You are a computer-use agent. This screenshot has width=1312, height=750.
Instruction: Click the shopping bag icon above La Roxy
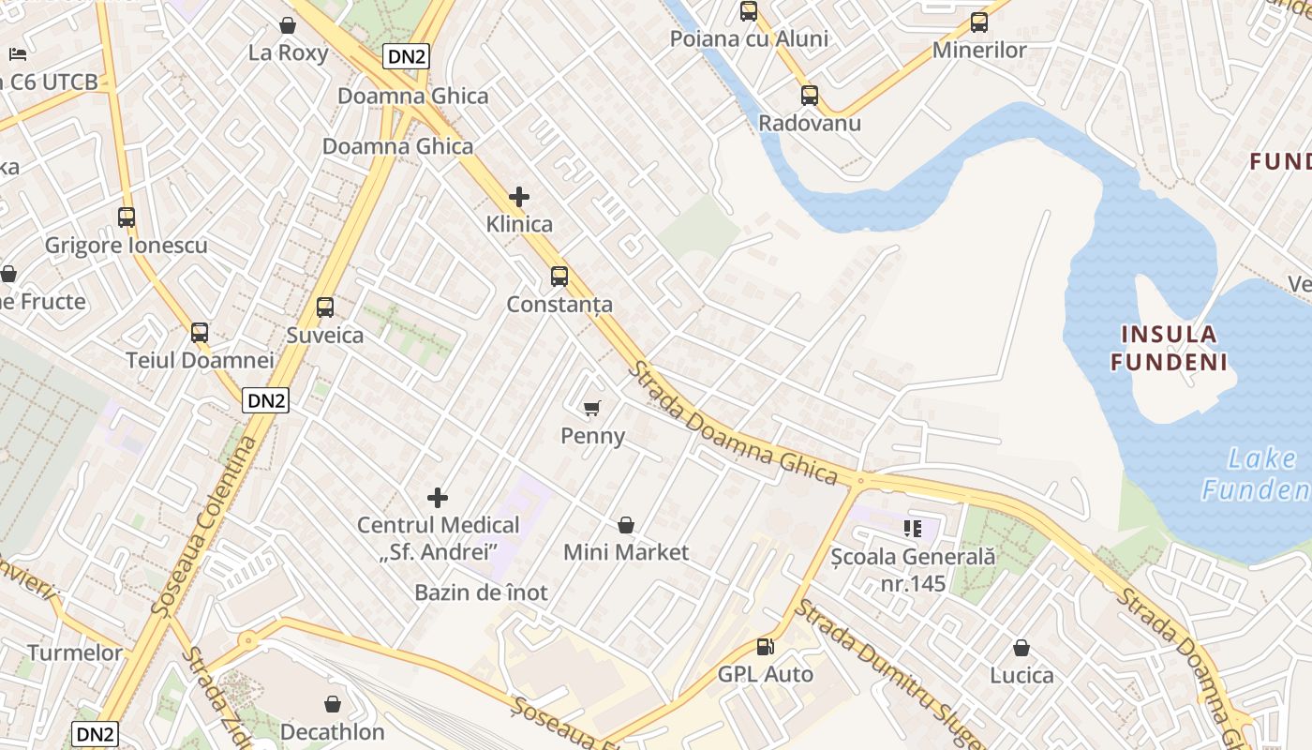[288, 25]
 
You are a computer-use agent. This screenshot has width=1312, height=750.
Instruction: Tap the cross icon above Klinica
[519, 197]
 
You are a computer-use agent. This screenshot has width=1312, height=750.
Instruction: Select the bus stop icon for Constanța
[559, 276]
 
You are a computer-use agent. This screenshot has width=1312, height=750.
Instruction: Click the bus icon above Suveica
[325, 307]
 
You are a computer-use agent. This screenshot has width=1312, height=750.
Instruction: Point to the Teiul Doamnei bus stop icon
[200, 332]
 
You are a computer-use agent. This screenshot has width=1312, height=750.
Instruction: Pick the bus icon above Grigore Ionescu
[127, 217]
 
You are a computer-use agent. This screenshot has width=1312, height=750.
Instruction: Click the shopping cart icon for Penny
[591, 408]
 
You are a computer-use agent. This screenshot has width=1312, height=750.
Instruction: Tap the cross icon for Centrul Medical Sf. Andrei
[438, 497]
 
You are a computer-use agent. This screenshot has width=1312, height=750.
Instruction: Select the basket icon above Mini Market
[626, 525]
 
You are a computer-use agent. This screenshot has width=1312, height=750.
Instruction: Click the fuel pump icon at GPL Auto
[766, 647]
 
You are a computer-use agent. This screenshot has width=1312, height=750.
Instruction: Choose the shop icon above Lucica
[1021, 648]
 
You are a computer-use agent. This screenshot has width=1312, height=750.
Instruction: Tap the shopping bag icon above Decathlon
[333, 704]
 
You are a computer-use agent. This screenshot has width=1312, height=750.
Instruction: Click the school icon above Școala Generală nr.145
[913, 529]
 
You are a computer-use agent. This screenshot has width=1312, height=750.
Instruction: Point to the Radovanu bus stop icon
[810, 95]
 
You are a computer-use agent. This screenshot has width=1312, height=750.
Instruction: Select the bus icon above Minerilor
[979, 22]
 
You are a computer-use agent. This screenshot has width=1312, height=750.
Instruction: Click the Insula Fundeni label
[1169, 348]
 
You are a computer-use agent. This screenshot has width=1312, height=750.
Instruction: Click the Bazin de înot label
[481, 592]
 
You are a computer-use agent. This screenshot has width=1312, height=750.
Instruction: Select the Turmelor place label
[75, 652]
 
